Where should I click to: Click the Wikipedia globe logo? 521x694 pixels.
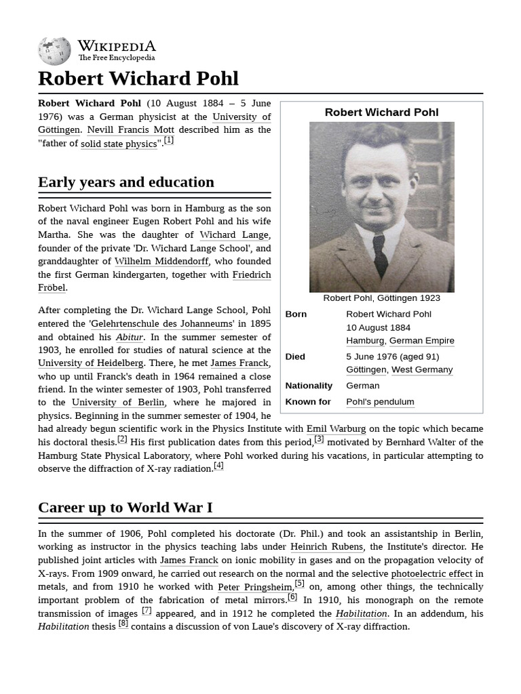pos(54,52)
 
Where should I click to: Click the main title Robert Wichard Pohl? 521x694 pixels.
pos(138,79)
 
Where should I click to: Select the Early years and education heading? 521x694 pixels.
pos(126,182)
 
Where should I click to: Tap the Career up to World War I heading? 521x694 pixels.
pos(125,508)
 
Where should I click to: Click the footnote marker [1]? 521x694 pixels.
pos(168,140)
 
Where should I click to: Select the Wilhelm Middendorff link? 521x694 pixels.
pos(161,262)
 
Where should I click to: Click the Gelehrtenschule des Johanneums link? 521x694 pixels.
pos(161,324)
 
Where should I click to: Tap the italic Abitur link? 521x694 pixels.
pos(129,337)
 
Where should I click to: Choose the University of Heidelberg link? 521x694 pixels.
pos(90,363)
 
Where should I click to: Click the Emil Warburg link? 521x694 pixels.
pos(336,429)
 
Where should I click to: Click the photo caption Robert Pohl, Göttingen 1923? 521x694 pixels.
pos(381,298)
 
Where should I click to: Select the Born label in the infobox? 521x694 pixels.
pos(296,314)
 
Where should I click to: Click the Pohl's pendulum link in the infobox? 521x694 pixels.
pos(380,402)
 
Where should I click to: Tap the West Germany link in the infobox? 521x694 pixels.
pos(422,370)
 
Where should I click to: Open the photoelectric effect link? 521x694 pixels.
pos(431,574)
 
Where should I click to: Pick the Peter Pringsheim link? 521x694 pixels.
pos(255,587)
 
